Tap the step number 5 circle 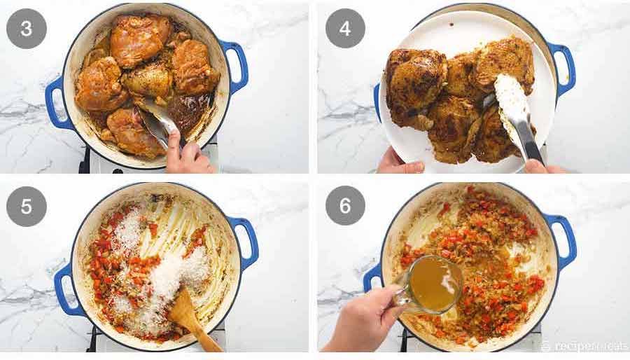click(27, 206)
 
